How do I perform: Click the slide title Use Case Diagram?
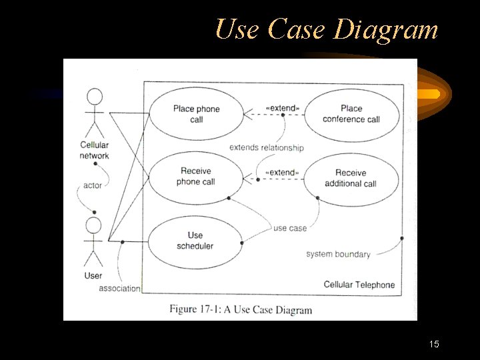[327, 30]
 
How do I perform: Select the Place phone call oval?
[195, 114]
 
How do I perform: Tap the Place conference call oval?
[351, 114]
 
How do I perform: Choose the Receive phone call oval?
[195, 177]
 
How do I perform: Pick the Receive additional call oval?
[351, 179]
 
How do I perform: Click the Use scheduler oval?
[195, 241]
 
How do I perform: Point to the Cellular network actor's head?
[95, 97]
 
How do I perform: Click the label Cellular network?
[94, 151]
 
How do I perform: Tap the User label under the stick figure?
[93, 275]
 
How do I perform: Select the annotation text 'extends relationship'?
[266, 147]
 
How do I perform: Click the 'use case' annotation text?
[290, 228]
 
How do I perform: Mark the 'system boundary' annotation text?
[338, 254]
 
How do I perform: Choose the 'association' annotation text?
[119, 289]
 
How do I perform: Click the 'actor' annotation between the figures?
[93, 185]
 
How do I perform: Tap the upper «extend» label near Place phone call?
[282, 107]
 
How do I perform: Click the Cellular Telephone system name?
[359, 285]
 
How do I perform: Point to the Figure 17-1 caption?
[240, 309]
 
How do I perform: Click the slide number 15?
[434, 345]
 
